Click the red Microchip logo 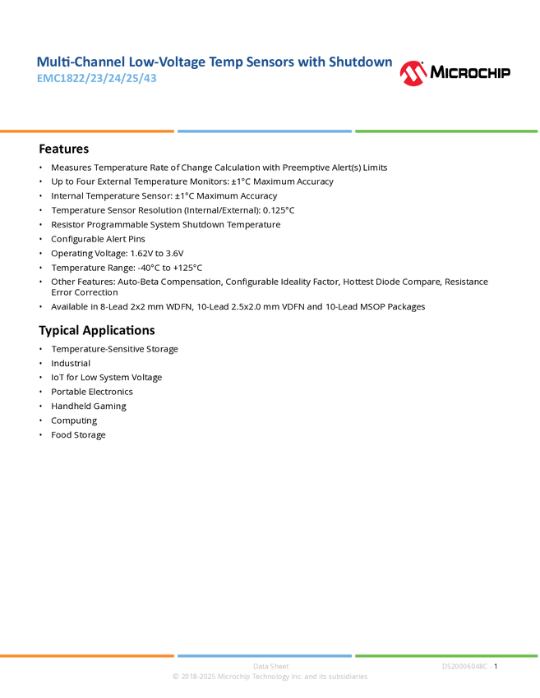(x=413, y=74)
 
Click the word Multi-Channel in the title (x=69, y=62)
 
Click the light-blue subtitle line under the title (x=97, y=79)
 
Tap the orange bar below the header (x=87, y=131)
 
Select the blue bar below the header (x=265, y=131)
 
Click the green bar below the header (x=446, y=131)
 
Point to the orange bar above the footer (x=87, y=655)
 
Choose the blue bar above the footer (x=265, y=655)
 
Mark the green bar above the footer (x=446, y=655)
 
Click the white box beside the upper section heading (x=20, y=149)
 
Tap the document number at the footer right (x=466, y=666)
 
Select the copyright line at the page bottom (x=270, y=677)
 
